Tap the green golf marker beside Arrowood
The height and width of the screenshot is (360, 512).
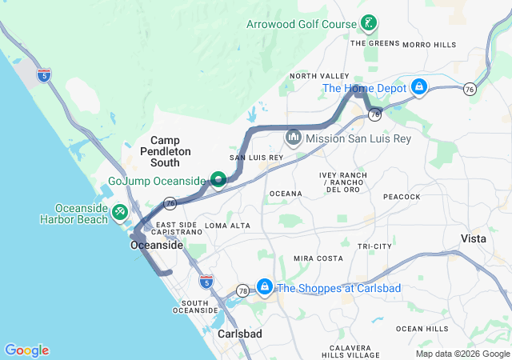(x=369, y=22)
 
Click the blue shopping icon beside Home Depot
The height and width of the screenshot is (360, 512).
(x=418, y=86)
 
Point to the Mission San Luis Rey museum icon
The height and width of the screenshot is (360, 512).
(x=293, y=138)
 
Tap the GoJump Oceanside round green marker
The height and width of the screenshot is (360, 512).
(x=217, y=179)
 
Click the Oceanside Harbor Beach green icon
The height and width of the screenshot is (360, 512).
(x=119, y=211)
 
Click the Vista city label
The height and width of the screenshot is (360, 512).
(x=474, y=239)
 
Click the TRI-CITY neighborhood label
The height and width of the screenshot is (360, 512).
(x=375, y=246)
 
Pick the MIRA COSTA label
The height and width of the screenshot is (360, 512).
(x=318, y=258)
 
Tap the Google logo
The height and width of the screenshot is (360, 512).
(x=26, y=350)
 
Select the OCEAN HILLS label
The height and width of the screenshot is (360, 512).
(x=422, y=329)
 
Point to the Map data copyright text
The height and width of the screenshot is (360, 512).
(x=462, y=354)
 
